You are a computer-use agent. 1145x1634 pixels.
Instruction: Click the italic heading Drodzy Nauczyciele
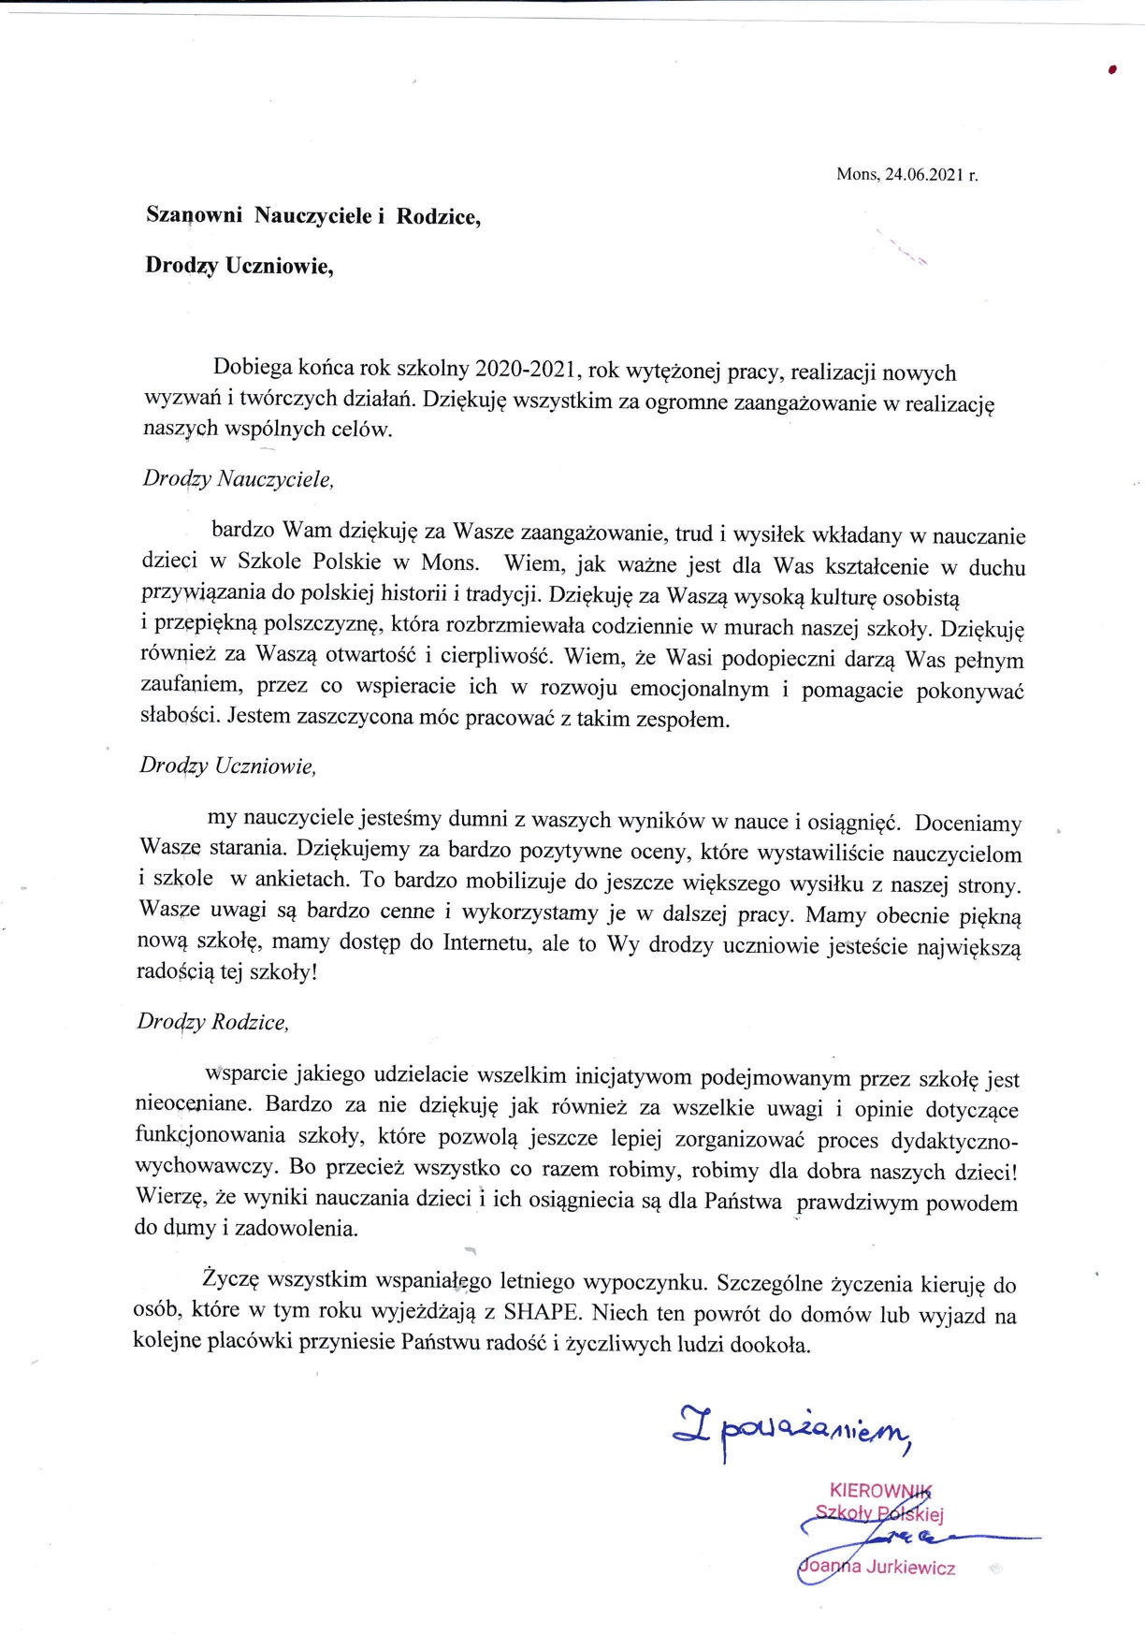[238, 479]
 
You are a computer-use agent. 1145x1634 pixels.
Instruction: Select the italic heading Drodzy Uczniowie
[228, 766]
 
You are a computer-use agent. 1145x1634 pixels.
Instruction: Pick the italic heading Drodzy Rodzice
[213, 1022]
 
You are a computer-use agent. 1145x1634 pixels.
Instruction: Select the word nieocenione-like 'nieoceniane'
[194, 1104]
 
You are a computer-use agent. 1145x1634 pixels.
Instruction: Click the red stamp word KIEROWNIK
[880, 1490]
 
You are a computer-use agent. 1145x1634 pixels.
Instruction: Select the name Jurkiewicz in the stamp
[910, 1568]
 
